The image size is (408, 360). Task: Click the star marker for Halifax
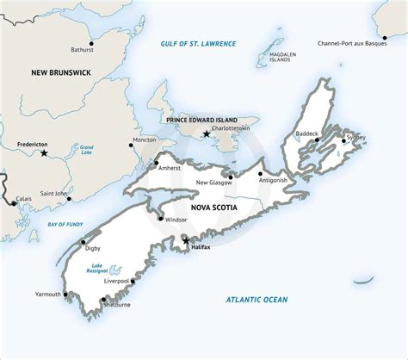tap(186, 240)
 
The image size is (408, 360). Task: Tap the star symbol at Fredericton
tap(44, 153)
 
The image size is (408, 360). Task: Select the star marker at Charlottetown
tap(206, 133)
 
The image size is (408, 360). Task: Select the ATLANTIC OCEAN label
tap(257, 300)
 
